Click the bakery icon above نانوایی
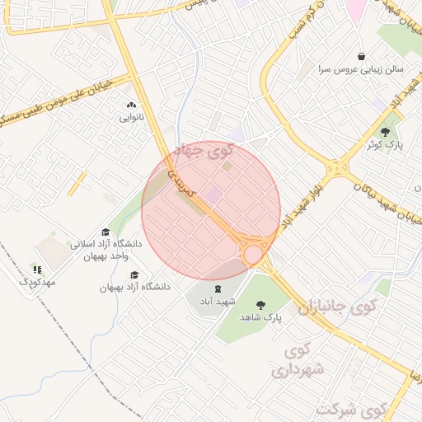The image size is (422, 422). tap(131, 105)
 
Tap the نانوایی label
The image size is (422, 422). tap(132, 117)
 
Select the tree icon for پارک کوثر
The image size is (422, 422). tap(385, 132)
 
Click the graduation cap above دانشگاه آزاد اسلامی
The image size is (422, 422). tap(105, 232)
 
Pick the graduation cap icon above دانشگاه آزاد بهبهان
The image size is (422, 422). tap(135, 275)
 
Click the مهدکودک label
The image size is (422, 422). tap(37, 282)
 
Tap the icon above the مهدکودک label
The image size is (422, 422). tap(36, 270)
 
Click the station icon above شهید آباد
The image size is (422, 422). tap(218, 288)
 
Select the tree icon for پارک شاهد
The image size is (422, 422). tap(261, 304)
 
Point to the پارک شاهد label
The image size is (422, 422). tap(261, 316)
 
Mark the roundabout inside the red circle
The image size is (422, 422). tap(253, 255)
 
